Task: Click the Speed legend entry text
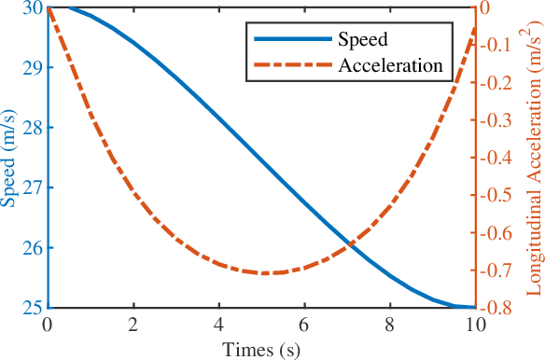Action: [x=362, y=41]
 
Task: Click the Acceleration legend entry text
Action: [x=389, y=66]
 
